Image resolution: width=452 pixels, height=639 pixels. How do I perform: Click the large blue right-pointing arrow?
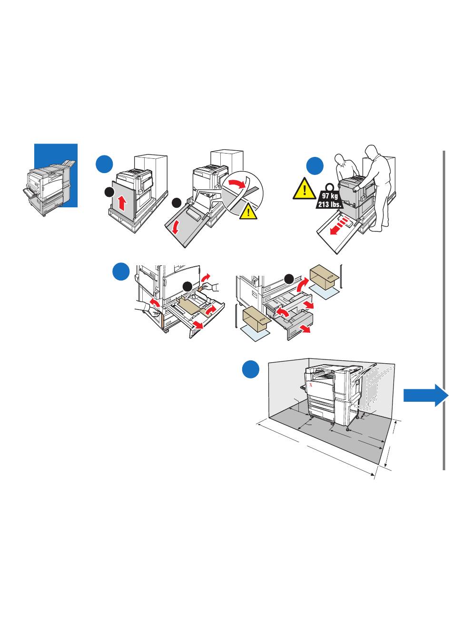point(425,396)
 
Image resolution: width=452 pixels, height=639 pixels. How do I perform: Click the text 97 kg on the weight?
point(330,196)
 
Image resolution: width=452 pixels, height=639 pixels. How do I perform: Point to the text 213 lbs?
point(329,205)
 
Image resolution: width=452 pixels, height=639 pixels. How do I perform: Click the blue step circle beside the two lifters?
point(314,166)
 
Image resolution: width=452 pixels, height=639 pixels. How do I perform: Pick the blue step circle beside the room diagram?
point(251,370)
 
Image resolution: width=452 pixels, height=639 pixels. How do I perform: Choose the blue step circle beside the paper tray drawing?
point(121,271)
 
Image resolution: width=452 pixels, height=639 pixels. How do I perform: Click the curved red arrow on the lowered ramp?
point(176,228)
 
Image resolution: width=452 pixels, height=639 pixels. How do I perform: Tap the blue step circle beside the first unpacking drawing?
point(104,164)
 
